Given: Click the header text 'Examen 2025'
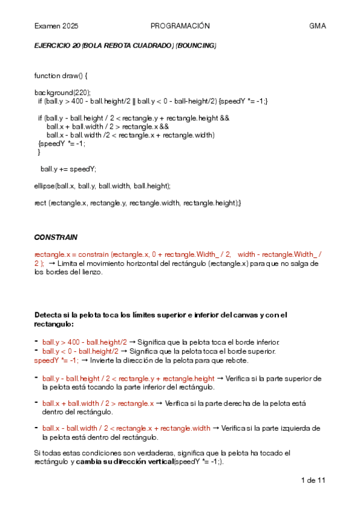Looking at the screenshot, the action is [56, 26].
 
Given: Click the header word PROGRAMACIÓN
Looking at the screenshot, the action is [180, 26].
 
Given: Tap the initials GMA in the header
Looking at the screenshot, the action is [317, 26].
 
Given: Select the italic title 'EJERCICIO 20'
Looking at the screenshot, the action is [56, 46].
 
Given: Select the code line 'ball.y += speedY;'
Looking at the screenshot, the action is [68, 169].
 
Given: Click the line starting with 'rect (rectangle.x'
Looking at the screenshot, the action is [138, 203].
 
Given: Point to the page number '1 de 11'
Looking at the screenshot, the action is [313, 481].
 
